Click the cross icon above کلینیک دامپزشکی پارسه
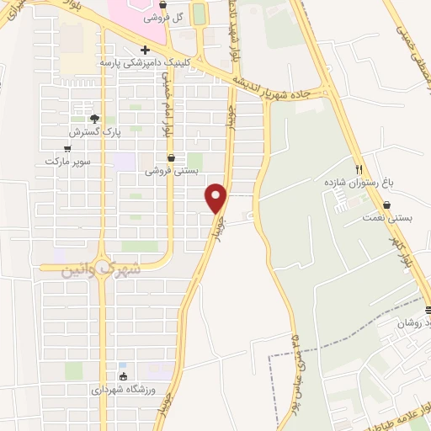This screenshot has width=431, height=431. pos(146,51)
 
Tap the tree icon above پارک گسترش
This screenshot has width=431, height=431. pos(94,119)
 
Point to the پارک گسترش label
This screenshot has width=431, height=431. pos(93,132)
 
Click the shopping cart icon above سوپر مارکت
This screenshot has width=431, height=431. pos(67,148)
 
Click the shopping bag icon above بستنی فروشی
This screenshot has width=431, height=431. pos(171,157)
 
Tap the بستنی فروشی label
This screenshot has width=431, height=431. pos(172,170)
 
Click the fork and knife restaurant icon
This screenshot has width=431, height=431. pos(359,168)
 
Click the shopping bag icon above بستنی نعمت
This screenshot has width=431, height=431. pos(386,205)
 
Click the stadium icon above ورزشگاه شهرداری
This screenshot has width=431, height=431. pos(124,376)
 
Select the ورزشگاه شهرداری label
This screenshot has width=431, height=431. pos(123,390)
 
